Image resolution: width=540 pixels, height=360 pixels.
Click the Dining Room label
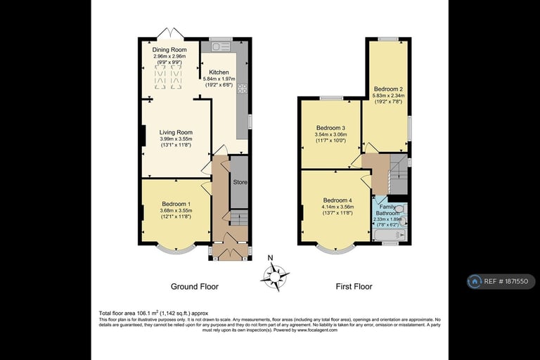click(x=169, y=50)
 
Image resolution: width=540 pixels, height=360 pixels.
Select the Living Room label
click(x=176, y=132)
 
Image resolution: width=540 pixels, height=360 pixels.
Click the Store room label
click(x=240, y=183)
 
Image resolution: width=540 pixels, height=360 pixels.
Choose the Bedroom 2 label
click(x=388, y=89)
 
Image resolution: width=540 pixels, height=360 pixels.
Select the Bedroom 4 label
click(x=337, y=199)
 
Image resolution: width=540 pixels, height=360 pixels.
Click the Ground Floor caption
click(x=195, y=287)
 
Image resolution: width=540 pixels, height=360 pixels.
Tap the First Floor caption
click(x=353, y=287)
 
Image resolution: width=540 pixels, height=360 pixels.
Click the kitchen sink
click(x=217, y=47)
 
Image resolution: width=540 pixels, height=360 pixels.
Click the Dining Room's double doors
click(x=171, y=33)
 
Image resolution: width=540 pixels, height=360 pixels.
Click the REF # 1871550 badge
click(x=501, y=281)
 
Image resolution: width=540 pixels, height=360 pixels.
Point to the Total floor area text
click(x=153, y=313)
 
